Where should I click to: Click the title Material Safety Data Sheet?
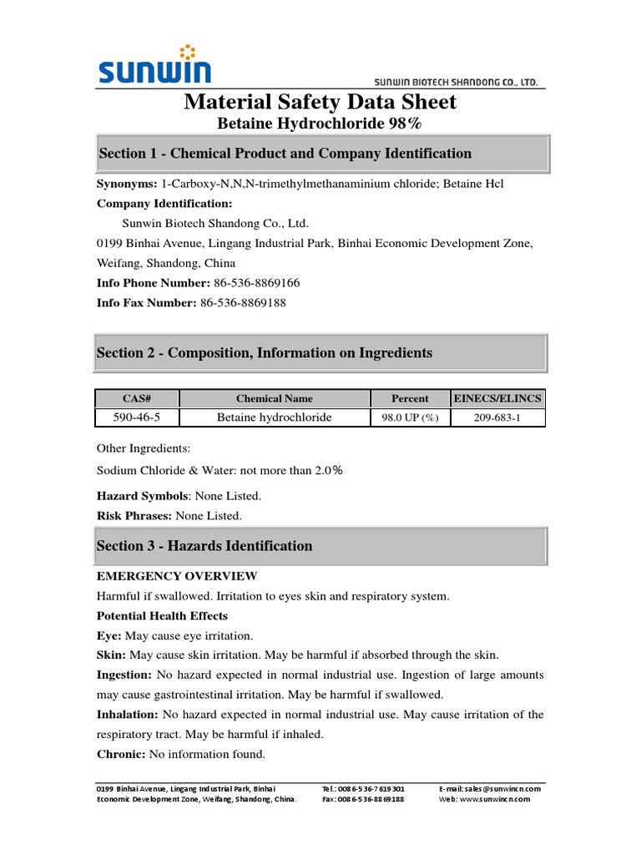coord(320,102)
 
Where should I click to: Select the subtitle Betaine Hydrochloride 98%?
coord(320,124)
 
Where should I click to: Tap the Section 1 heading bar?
coord(322,154)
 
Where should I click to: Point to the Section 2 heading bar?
coord(322,353)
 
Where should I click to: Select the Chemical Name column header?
coord(275,399)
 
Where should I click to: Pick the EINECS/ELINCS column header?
coord(497,399)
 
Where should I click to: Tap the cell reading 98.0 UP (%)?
coord(410,417)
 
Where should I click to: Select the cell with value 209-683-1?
coord(497,417)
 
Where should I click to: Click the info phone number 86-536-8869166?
coord(256,283)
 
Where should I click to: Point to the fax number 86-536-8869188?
coord(243,303)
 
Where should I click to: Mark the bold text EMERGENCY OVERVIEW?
coord(177,576)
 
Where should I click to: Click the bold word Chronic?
coord(121,754)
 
